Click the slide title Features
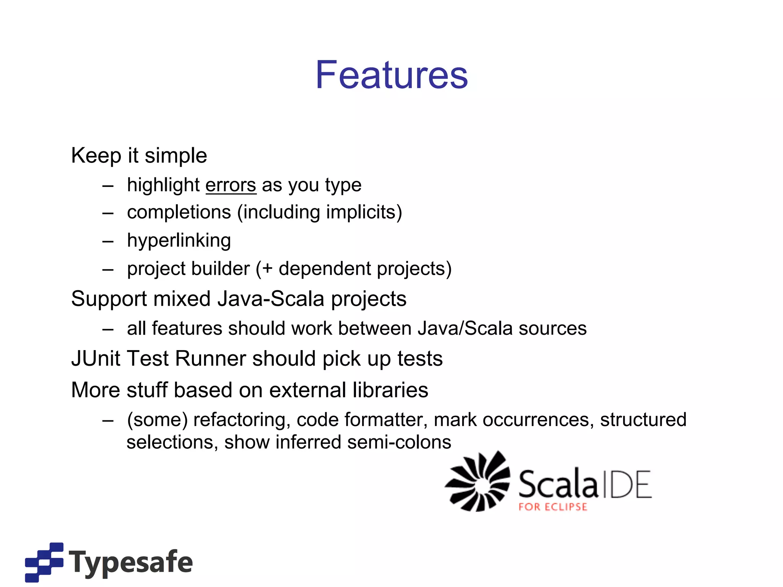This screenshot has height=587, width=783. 391,75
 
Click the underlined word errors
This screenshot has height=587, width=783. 231,185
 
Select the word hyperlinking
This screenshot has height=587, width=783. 179,241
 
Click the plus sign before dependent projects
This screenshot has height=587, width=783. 267,269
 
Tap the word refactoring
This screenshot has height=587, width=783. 240,420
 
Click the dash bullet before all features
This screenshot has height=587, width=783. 108,329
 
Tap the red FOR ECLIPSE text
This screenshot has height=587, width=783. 552,507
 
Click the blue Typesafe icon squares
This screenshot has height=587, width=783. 44,562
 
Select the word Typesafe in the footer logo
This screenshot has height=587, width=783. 131,562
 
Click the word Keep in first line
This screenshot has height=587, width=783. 96,156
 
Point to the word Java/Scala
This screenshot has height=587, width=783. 465,329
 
